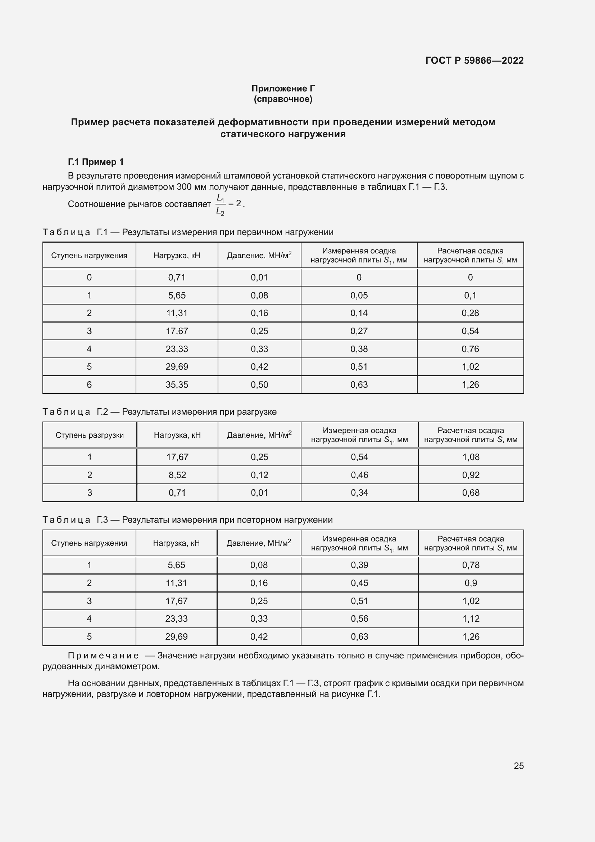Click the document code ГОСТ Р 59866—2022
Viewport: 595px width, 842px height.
(x=474, y=60)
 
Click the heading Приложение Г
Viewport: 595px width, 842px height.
(x=283, y=89)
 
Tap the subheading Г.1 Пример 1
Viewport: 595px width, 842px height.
(x=96, y=162)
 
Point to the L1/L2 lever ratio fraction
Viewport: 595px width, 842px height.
(x=220, y=204)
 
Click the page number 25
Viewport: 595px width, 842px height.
(x=518, y=766)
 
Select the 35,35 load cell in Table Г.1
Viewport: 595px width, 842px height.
(x=177, y=385)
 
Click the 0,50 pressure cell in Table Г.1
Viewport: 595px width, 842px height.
(x=259, y=385)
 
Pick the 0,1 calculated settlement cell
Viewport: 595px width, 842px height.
(x=470, y=295)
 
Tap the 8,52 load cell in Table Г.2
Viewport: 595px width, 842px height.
(x=177, y=475)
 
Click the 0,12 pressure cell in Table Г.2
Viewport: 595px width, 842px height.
(x=259, y=475)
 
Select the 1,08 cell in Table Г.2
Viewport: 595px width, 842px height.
(x=471, y=457)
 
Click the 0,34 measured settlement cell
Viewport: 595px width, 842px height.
(x=359, y=492)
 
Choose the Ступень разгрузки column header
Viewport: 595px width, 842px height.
(x=90, y=435)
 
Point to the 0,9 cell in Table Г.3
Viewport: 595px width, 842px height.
(x=471, y=583)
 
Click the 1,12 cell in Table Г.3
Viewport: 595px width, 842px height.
(x=471, y=618)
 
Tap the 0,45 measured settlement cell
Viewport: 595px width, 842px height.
(x=359, y=583)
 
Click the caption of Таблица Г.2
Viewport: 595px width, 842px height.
(x=159, y=412)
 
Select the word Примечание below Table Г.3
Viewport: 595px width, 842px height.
(x=103, y=655)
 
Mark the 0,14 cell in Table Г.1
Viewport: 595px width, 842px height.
(x=359, y=313)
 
